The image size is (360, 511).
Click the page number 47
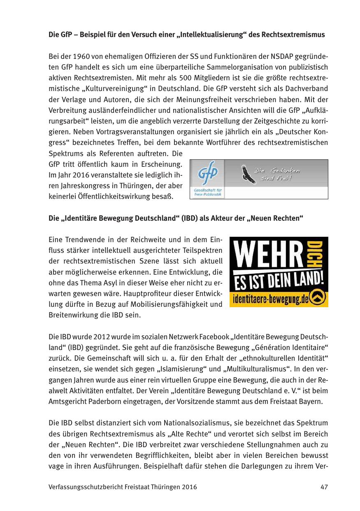coord(324,487)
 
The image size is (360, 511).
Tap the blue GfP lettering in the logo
coord(208,174)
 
